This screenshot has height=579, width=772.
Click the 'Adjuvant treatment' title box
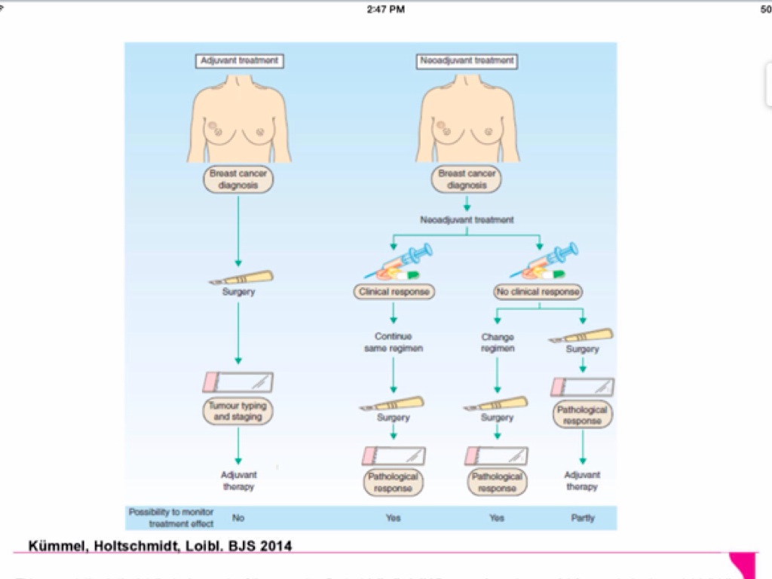coord(238,61)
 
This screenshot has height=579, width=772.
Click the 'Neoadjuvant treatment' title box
coord(467,61)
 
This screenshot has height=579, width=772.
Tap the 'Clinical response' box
coord(394,292)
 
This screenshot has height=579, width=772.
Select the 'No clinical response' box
coord(539,292)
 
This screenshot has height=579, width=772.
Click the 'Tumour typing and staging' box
coord(238,411)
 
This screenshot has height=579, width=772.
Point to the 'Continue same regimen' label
coord(394,342)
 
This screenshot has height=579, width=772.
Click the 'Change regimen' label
coord(498,343)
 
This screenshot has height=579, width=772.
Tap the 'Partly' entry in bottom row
coord(583,519)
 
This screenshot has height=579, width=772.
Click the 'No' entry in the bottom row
coord(238,519)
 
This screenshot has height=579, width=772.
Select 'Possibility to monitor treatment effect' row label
coord(171,518)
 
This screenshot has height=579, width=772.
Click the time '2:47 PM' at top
coord(386,9)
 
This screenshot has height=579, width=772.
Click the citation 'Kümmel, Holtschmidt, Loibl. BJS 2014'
coord(161,544)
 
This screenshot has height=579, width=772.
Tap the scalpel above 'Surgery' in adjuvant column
coord(243,277)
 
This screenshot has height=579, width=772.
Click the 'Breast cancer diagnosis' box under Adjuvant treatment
coord(238,179)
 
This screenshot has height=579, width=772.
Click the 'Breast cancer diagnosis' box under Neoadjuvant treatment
coord(467,179)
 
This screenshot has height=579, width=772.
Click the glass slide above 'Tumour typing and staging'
coord(238,381)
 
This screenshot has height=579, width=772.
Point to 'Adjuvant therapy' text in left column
coord(238,481)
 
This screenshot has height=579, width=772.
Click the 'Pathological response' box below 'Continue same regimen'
coord(393,482)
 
